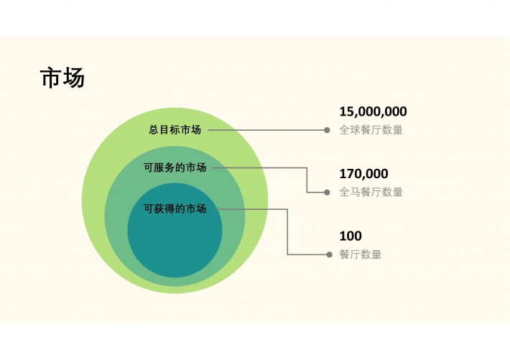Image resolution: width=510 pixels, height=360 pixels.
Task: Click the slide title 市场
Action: click(x=62, y=78)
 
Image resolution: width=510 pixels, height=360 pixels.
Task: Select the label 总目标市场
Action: click(x=175, y=129)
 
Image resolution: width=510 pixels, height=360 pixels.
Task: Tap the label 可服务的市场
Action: click(x=175, y=167)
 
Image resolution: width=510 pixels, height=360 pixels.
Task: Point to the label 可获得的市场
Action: click(x=175, y=208)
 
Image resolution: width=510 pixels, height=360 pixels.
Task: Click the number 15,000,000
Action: click(x=373, y=111)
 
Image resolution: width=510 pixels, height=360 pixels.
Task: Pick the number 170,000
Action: click(x=363, y=174)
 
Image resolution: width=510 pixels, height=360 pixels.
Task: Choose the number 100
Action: click(x=351, y=236)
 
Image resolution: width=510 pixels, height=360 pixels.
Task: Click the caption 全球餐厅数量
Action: click(x=371, y=130)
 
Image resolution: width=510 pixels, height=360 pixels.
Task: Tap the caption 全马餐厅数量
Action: click(x=371, y=192)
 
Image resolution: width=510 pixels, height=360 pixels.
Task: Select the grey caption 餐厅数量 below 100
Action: click(x=361, y=254)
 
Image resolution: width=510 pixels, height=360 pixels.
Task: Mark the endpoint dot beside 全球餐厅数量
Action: click(x=327, y=130)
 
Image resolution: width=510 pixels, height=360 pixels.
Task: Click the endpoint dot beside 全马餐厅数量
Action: click(x=327, y=193)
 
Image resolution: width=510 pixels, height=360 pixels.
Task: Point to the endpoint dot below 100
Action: click(x=329, y=254)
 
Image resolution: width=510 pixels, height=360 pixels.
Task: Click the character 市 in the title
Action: click(x=51, y=78)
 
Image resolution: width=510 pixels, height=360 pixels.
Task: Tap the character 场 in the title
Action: click(x=74, y=78)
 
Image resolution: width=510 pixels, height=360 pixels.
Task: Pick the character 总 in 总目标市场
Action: click(x=154, y=129)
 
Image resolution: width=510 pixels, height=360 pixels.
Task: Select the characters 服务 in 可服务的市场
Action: click(x=164, y=167)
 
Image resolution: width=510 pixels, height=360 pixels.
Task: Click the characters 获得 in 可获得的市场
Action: click(x=164, y=208)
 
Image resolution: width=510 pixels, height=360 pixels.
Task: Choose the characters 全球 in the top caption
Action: click(x=350, y=130)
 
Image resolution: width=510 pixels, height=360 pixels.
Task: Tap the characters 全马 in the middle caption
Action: click(x=350, y=192)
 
